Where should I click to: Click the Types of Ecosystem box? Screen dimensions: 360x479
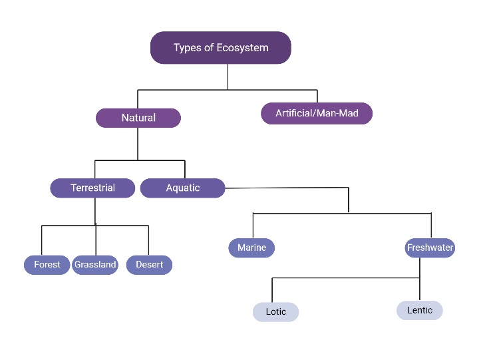[220, 48]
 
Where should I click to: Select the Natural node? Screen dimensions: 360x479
[138, 118]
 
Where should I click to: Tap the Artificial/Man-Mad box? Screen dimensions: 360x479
[317, 113]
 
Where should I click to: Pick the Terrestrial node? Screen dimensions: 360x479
[92, 188]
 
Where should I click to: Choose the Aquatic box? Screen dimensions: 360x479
[182, 188]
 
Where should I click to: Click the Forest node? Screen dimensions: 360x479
[47, 265]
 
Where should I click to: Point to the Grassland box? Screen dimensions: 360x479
[95, 265]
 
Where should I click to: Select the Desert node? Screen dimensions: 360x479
[150, 265]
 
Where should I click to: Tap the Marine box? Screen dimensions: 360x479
[251, 248]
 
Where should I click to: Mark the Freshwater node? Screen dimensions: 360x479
[430, 248]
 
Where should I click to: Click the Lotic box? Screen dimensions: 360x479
[275, 311]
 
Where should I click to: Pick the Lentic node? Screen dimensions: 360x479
[420, 310]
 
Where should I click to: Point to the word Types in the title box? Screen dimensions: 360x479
[186, 48]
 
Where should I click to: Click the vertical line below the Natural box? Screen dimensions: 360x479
[138, 143]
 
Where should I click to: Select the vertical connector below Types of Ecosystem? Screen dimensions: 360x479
[228, 77]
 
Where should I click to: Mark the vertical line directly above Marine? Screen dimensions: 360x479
[253, 226]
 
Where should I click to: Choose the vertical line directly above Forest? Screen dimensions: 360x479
[42, 240]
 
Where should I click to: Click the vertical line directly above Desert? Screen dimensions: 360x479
[148, 240]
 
